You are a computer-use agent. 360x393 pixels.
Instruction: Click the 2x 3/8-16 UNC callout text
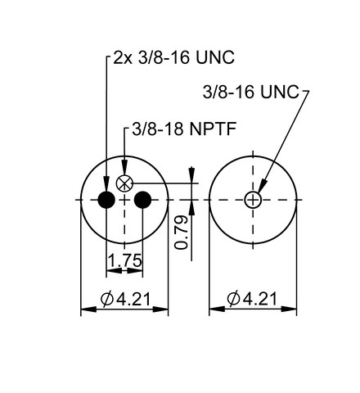pyautogui.click(x=173, y=57)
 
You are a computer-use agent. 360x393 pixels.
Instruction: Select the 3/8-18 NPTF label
pyautogui.click(x=184, y=129)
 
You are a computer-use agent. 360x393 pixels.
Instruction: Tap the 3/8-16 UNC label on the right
pyautogui.click(x=251, y=92)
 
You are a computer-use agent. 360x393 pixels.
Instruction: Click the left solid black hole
pyautogui.click(x=106, y=200)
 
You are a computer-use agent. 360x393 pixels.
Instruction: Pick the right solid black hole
pyautogui.click(x=142, y=200)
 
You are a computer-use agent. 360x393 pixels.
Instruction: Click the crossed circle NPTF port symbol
pyautogui.click(x=124, y=183)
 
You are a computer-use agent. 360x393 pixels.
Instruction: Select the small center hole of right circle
pyautogui.click(x=253, y=200)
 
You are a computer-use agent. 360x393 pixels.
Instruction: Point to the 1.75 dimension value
pyautogui.click(x=125, y=260)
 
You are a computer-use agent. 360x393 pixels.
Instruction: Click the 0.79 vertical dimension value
pyautogui.click(x=182, y=232)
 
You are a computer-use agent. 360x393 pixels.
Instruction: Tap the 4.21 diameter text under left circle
pyautogui.click(x=133, y=299)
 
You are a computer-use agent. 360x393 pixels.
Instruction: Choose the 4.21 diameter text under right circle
pyautogui.click(x=260, y=299)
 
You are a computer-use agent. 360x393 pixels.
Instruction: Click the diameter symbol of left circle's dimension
pyautogui.click(x=107, y=299)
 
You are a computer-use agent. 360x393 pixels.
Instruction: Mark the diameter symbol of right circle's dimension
pyautogui.click(x=233, y=299)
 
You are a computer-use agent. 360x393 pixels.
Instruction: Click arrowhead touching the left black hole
pyautogui.click(x=106, y=184)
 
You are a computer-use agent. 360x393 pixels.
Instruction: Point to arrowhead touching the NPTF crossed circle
pyautogui.click(x=124, y=168)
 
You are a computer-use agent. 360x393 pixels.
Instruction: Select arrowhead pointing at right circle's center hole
pyautogui.click(x=262, y=187)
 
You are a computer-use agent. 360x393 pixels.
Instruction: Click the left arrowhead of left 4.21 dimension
pyautogui.click(x=89, y=309)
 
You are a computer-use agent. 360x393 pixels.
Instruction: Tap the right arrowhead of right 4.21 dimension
pyautogui.click(x=289, y=309)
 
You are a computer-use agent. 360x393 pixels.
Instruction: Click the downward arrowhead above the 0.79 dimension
pyautogui.click(x=191, y=174)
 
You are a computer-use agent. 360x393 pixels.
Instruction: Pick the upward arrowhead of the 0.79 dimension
pyautogui.click(x=191, y=208)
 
